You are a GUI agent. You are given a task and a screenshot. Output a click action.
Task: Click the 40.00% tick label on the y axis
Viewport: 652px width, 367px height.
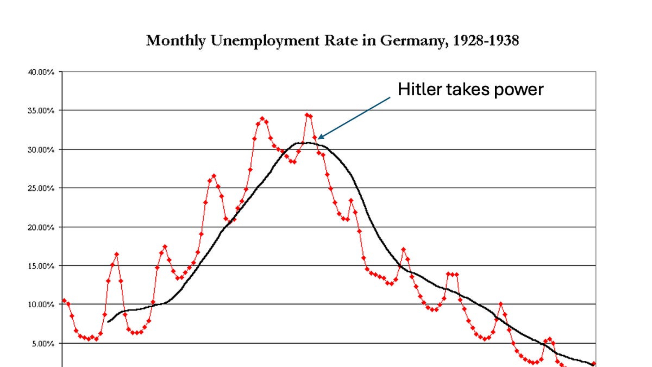click(x=41, y=72)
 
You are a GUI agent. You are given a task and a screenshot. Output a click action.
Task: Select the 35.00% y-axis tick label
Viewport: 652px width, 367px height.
click(x=41, y=111)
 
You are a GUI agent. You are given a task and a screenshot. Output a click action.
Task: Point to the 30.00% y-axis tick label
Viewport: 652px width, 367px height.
click(x=41, y=150)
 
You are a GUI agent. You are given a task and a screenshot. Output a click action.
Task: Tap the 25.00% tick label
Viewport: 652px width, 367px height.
click(x=41, y=189)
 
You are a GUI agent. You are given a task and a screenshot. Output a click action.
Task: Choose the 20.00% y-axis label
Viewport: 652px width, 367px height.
click(x=41, y=227)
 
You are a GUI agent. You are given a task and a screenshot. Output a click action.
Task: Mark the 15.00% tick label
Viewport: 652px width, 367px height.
click(x=41, y=266)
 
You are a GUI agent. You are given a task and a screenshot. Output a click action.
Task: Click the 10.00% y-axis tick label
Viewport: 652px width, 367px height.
click(x=41, y=305)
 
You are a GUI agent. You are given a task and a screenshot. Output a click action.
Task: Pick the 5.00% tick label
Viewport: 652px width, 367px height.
click(x=43, y=344)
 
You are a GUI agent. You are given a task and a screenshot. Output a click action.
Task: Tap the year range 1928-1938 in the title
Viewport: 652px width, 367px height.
click(x=486, y=40)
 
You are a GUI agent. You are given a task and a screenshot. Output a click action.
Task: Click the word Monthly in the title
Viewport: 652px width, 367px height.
click(x=176, y=41)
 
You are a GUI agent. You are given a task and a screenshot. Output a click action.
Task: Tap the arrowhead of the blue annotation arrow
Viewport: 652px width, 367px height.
click(x=320, y=137)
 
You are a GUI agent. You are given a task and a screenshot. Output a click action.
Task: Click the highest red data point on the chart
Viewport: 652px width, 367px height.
click(x=307, y=115)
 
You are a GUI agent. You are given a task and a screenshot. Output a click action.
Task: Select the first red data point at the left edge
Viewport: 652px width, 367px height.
click(x=64, y=300)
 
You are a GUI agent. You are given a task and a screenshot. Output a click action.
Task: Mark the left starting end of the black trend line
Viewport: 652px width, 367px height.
click(x=108, y=322)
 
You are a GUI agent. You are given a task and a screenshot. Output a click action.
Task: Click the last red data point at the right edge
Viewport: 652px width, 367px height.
click(x=594, y=363)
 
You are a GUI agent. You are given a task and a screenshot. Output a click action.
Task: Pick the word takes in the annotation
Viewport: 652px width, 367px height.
click(x=468, y=89)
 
